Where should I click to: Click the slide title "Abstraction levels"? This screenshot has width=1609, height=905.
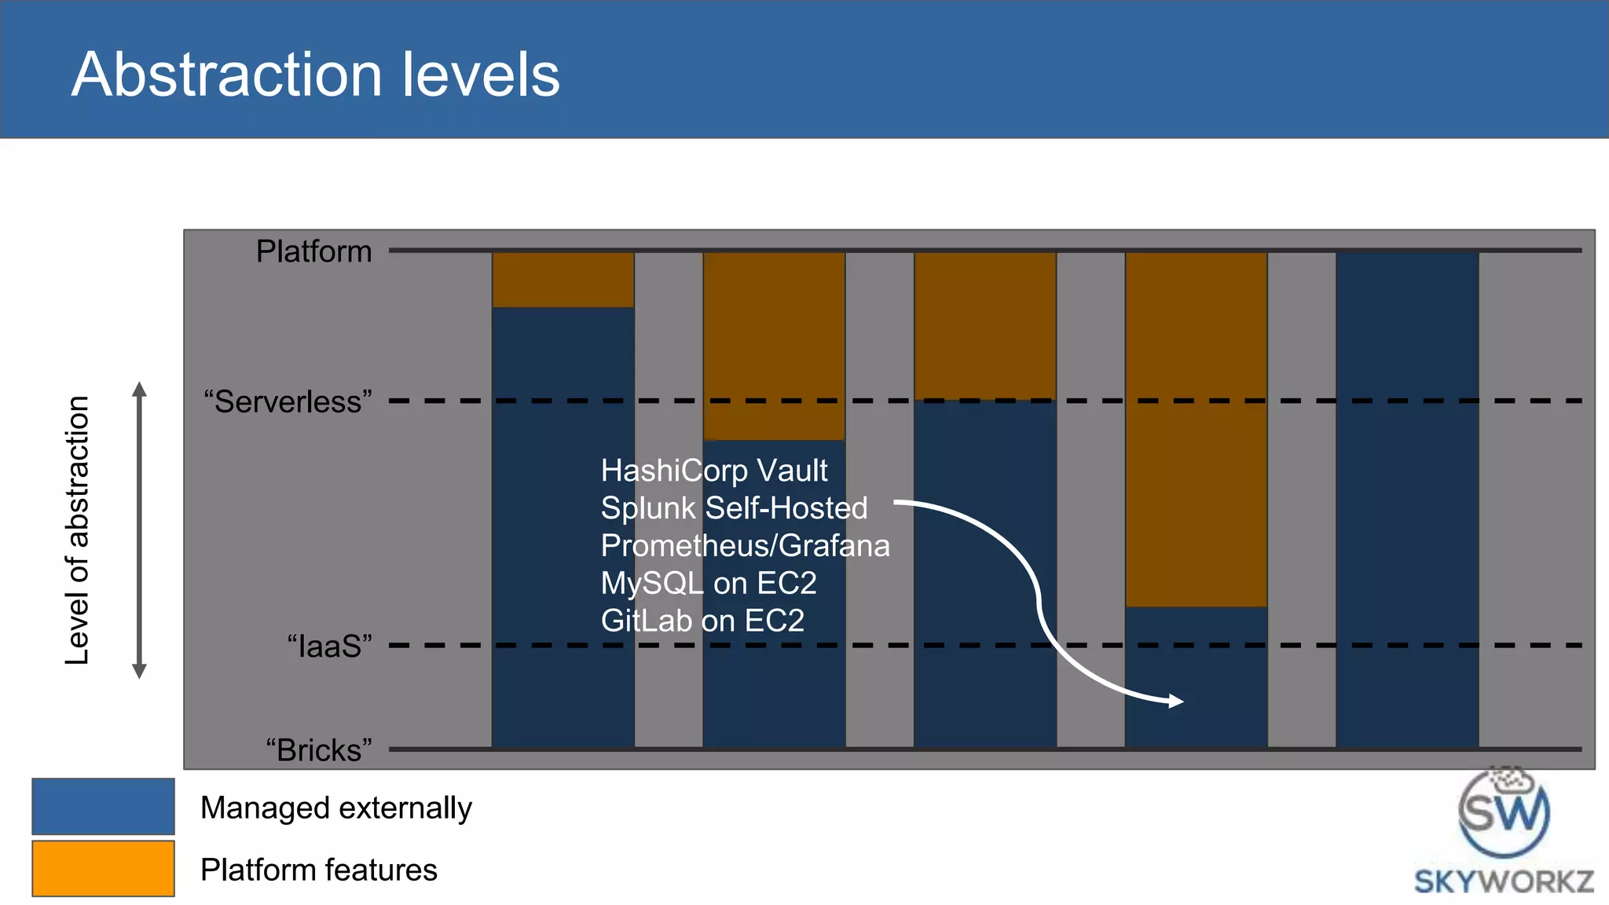pos(315,75)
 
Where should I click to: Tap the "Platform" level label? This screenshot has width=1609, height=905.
pos(313,251)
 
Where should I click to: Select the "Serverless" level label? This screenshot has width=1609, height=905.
pos(288,401)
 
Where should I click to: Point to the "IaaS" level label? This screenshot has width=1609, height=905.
pos(329,646)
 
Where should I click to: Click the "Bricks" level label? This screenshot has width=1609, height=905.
pos(318,750)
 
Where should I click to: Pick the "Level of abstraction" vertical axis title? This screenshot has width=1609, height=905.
pos(77,530)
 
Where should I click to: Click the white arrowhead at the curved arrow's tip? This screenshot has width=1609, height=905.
pos(1176,701)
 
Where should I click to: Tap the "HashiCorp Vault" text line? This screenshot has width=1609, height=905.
pos(713,471)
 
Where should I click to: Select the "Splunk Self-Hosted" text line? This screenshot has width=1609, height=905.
pos(734,508)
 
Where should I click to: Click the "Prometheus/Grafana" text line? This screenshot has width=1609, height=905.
pos(745,545)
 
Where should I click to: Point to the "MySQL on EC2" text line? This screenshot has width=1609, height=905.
pos(709,583)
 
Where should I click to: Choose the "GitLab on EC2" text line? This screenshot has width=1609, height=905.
pos(702,621)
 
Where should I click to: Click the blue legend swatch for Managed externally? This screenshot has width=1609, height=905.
pos(103,806)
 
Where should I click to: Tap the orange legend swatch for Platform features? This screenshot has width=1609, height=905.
pos(103,868)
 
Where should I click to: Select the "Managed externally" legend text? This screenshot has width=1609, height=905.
pos(335,808)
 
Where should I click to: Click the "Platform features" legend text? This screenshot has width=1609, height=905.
pos(318,870)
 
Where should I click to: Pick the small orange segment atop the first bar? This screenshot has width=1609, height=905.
pos(563,280)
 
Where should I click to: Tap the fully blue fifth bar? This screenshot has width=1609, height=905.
pos(1407,500)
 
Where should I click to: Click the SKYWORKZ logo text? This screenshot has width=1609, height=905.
pos(1504,881)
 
